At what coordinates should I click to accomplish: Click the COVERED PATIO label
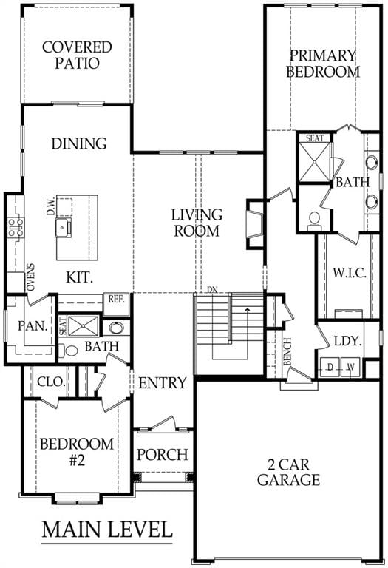click(x=77, y=55)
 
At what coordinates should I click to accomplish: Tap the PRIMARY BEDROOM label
click(x=323, y=64)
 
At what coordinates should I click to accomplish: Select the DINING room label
click(x=78, y=143)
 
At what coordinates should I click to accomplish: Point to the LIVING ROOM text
click(x=197, y=223)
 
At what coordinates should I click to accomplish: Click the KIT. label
click(x=80, y=278)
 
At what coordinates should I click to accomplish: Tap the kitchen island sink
click(x=64, y=227)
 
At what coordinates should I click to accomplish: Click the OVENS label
click(x=30, y=277)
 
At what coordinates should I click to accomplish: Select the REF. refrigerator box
click(x=116, y=300)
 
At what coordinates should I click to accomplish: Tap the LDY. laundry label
click(x=347, y=341)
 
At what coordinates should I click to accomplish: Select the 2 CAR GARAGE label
click(x=288, y=472)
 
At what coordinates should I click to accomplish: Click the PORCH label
click(x=163, y=454)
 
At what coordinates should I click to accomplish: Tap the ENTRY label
click(x=162, y=383)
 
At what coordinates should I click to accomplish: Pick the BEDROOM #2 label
click(x=77, y=452)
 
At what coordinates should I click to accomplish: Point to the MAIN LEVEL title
click(x=106, y=530)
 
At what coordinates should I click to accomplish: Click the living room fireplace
click(x=255, y=223)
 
